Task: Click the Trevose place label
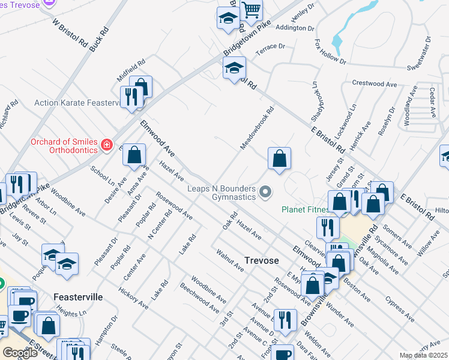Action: (261, 260)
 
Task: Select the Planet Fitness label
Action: (305, 210)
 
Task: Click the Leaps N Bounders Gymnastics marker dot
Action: (265, 192)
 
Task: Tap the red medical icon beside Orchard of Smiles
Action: (107, 145)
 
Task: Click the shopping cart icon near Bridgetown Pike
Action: (252, 9)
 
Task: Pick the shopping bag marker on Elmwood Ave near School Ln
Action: (134, 155)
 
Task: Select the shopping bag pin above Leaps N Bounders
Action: (279, 159)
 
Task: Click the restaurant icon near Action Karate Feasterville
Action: (131, 97)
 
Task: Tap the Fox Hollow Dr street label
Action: (330, 52)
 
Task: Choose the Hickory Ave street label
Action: (133, 298)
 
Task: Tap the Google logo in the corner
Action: (20, 352)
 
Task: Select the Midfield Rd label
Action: (131, 70)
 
